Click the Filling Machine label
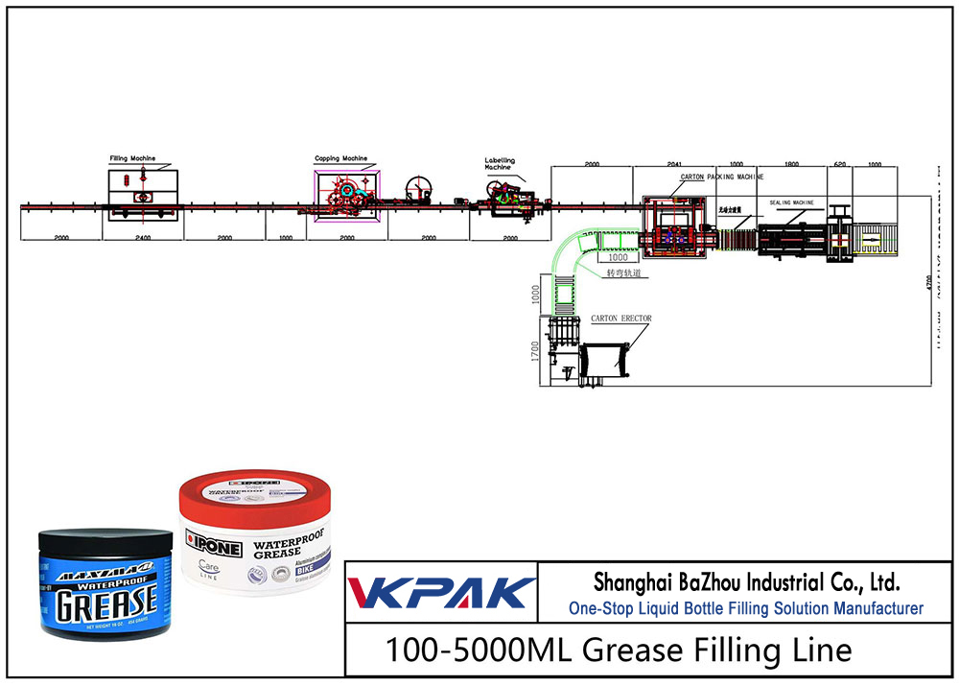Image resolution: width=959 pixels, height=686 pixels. point(131,158)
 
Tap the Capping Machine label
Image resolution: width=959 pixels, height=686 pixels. point(340,158)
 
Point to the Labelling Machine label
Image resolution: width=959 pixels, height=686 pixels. point(499,163)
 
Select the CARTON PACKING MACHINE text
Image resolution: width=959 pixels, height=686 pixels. point(722,177)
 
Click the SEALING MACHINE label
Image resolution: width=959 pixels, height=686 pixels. point(791,203)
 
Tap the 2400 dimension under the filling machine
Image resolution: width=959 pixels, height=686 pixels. point(143,236)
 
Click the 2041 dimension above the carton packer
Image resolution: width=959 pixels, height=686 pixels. point(674,165)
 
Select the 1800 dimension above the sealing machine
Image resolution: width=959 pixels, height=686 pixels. point(791,165)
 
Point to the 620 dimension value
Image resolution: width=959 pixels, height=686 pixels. point(840,165)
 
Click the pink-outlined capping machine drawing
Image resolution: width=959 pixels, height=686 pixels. point(345,192)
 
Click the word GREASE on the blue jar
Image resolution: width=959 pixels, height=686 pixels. point(104,603)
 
